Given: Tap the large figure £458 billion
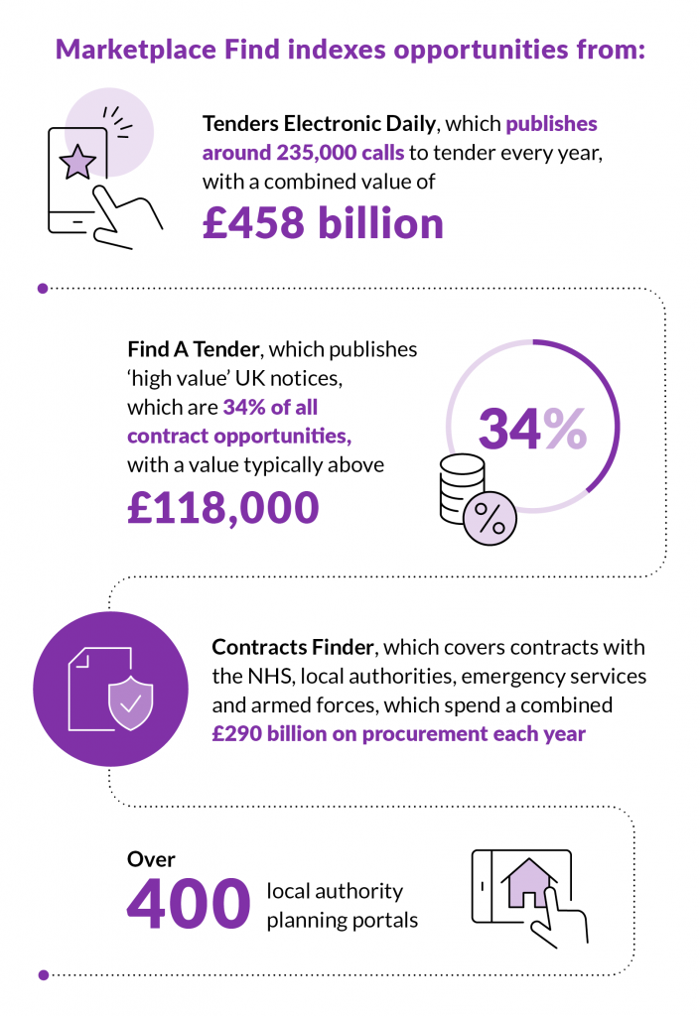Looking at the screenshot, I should click(x=323, y=222).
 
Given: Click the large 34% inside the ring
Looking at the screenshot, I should click(x=532, y=428).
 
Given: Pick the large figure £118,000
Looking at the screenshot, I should click(x=223, y=506).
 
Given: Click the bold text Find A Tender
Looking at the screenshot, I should click(x=195, y=350).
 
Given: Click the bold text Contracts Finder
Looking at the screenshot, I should click(x=293, y=648).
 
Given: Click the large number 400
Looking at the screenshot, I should click(x=188, y=903).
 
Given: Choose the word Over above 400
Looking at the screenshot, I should click(x=151, y=858).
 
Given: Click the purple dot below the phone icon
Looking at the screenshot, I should click(x=43, y=289).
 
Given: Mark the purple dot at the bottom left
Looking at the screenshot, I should click(x=43, y=974).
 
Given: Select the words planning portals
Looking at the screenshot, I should click(x=342, y=920).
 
